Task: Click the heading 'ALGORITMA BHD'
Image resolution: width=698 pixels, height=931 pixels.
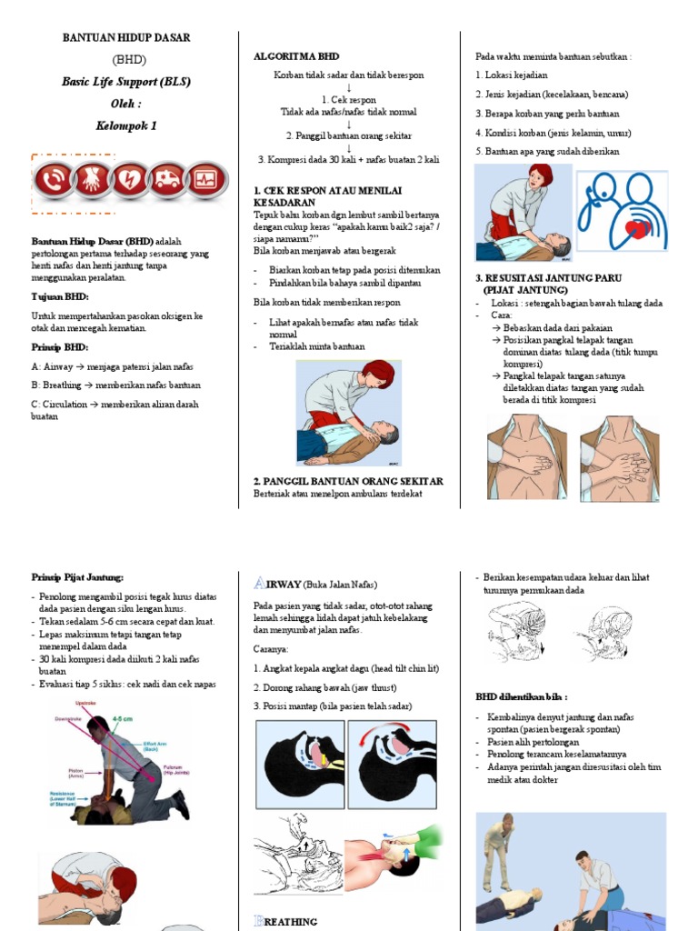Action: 295,56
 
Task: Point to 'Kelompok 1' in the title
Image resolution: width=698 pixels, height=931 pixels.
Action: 126,125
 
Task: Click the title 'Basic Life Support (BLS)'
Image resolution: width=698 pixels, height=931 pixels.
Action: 126,82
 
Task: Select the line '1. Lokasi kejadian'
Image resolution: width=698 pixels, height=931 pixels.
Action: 512,75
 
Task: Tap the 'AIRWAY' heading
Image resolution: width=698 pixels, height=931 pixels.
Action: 274,584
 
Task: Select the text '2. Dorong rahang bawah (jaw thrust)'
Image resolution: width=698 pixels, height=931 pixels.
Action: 325,687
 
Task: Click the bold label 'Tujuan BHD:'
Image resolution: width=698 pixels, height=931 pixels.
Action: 60,297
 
